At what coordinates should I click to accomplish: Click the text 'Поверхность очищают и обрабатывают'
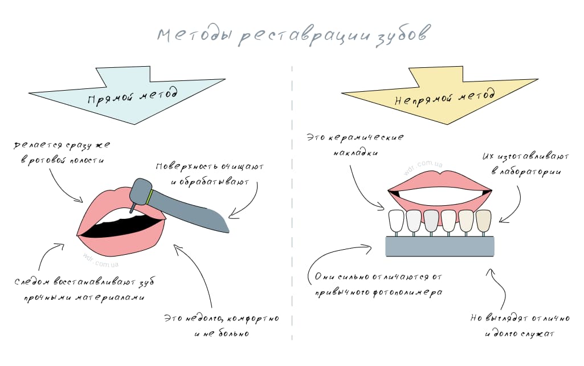point(210,174)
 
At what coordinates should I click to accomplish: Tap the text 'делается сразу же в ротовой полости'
point(59,153)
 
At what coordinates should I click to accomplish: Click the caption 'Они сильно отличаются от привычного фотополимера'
point(379,284)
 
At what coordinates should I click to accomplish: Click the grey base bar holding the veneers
point(440,246)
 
